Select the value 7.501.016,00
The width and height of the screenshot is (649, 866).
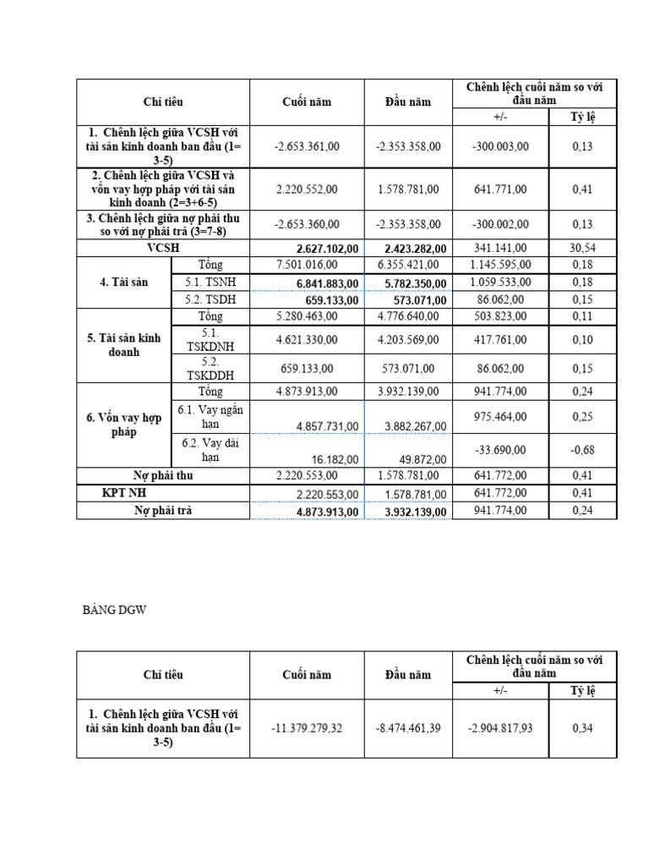point(307,266)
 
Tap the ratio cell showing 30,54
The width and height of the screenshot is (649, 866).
point(582,248)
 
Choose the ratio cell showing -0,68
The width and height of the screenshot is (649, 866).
point(582,450)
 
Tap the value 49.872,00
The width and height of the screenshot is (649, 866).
point(418,459)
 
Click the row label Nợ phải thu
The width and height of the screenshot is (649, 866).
point(163,475)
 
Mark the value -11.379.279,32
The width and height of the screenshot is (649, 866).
point(307,728)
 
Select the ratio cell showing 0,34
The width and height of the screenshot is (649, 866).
point(582,728)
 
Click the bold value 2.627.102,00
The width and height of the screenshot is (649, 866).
point(328,249)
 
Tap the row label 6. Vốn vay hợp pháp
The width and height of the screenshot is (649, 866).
point(124,425)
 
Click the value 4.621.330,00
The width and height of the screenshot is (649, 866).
point(307,339)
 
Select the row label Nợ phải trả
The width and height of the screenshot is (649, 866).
point(163,510)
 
